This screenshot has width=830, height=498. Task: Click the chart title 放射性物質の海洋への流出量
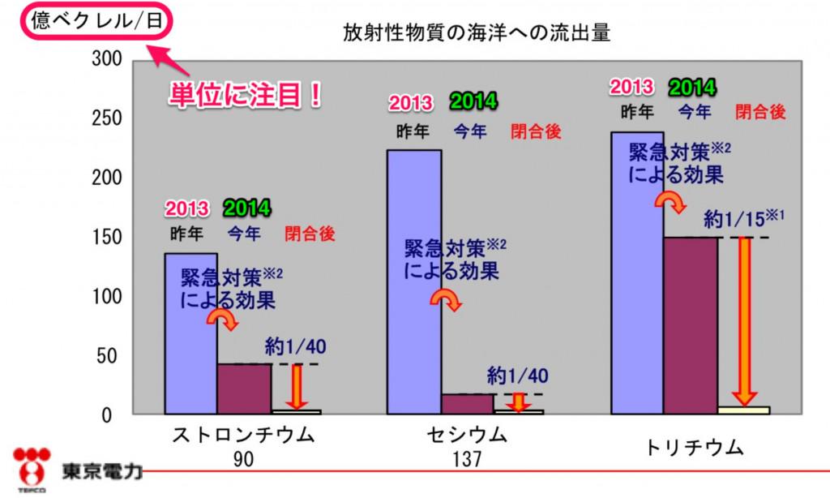click(477, 33)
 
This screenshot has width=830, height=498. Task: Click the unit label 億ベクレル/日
click(96, 21)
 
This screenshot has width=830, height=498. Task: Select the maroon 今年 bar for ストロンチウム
click(244, 389)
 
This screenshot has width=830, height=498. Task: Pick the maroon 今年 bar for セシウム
click(467, 403)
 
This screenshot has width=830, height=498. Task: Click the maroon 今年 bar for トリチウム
click(690, 324)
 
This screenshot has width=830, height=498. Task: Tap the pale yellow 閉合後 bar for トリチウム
click(743, 410)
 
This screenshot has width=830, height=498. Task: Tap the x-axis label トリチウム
click(691, 448)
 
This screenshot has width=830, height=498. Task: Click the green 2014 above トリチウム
click(691, 88)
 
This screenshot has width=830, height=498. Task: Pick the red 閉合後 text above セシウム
click(536, 131)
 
